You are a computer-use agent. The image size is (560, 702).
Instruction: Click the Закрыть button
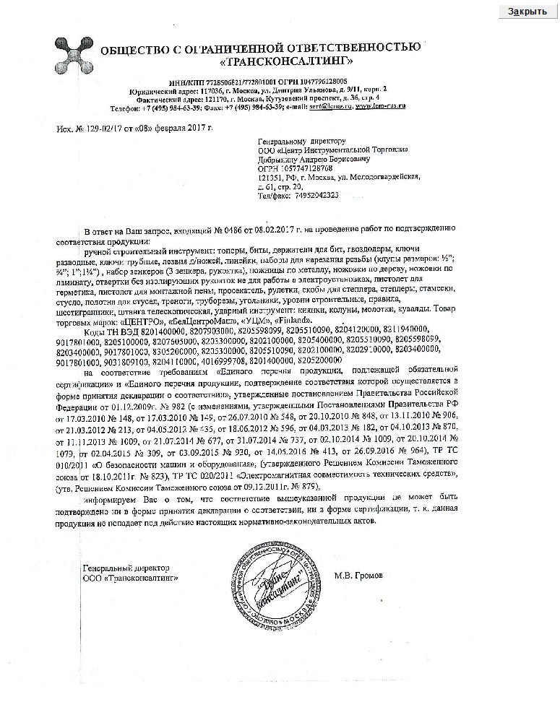(527, 12)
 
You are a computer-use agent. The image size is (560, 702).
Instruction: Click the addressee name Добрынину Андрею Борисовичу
(311, 159)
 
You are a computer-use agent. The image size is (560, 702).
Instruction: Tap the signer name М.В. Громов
(360, 576)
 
